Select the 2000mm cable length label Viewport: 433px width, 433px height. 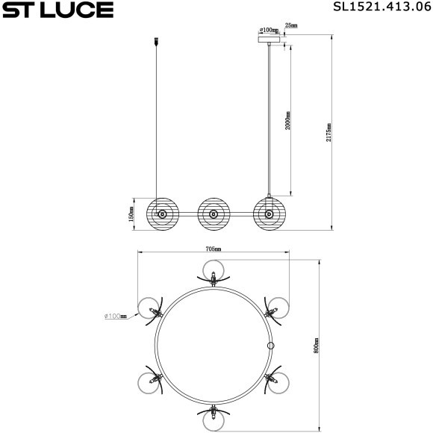point(287,121)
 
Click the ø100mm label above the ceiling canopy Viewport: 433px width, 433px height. point(268,31)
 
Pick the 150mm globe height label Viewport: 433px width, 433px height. point(131,215)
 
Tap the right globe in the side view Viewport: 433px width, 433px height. point(267,214)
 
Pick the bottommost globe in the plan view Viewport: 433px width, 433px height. point(214,421)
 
